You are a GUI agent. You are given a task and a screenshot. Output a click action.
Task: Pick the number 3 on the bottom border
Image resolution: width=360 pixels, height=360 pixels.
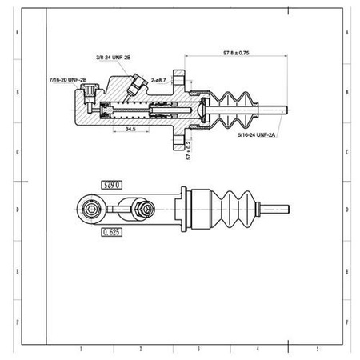(x=198, y=350)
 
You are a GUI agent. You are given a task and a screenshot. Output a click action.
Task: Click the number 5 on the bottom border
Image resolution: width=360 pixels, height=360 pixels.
(x=318, y=350)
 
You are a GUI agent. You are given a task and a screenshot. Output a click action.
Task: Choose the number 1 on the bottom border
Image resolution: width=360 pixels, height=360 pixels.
(x=78, y=350)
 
